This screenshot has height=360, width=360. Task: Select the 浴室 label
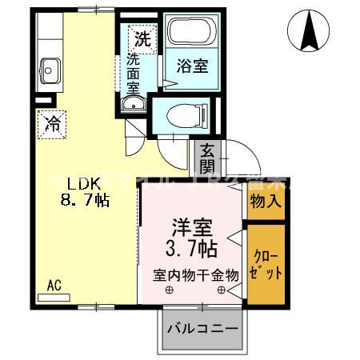click(192, 66)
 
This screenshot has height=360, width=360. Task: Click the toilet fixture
click(182, 114)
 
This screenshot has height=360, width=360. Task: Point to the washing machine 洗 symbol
click(142, 37)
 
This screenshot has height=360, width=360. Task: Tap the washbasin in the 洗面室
click(133, 105)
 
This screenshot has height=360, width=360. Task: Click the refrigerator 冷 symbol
click(51, 124)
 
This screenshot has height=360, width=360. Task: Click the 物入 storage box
click(265, 200)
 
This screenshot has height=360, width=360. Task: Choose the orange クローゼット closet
click(265, 265)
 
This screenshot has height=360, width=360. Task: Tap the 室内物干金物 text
click(197, 274)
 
